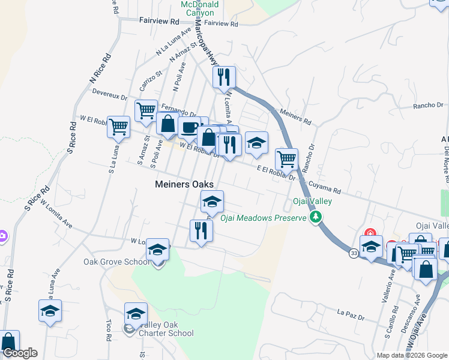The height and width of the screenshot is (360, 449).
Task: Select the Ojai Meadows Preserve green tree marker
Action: pyautogui.click(x=314, y=217)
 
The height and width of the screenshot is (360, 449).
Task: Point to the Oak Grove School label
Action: pyautogui.click(x=116, y=262)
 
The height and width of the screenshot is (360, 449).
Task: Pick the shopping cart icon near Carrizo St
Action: pyautogui.click(x=146, y=110)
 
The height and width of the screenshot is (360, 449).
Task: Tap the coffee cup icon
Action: pyautogui.click(x=190, y=127)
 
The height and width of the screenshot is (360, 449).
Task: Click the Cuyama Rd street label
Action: pyautogui.click(x=325, y=190)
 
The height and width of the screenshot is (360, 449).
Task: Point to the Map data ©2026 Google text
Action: pyautogui.click(x=412, y=355)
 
